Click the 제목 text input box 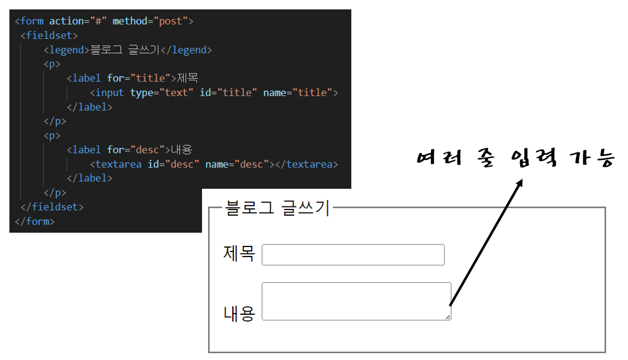(353, 255)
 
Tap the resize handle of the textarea (448, 317)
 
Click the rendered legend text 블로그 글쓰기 (277, 208)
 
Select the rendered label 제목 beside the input (239, 254)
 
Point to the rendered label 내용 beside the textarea (239, 313)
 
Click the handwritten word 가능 (590, 158)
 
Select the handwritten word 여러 (440, 158)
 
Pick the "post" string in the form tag (171, 21)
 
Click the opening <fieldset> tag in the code (49, 36)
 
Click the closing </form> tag (35, 221)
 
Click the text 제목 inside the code (188, 78)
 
